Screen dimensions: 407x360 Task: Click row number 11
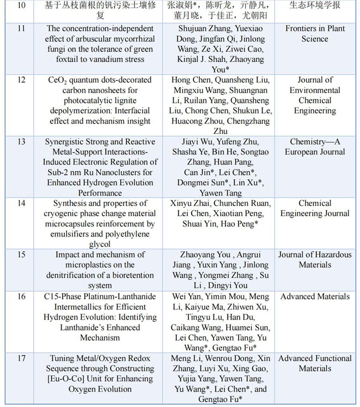coord(21,28)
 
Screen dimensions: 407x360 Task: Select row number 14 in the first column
coord(21,203)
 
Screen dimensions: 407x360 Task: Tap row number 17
coord(21,358)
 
